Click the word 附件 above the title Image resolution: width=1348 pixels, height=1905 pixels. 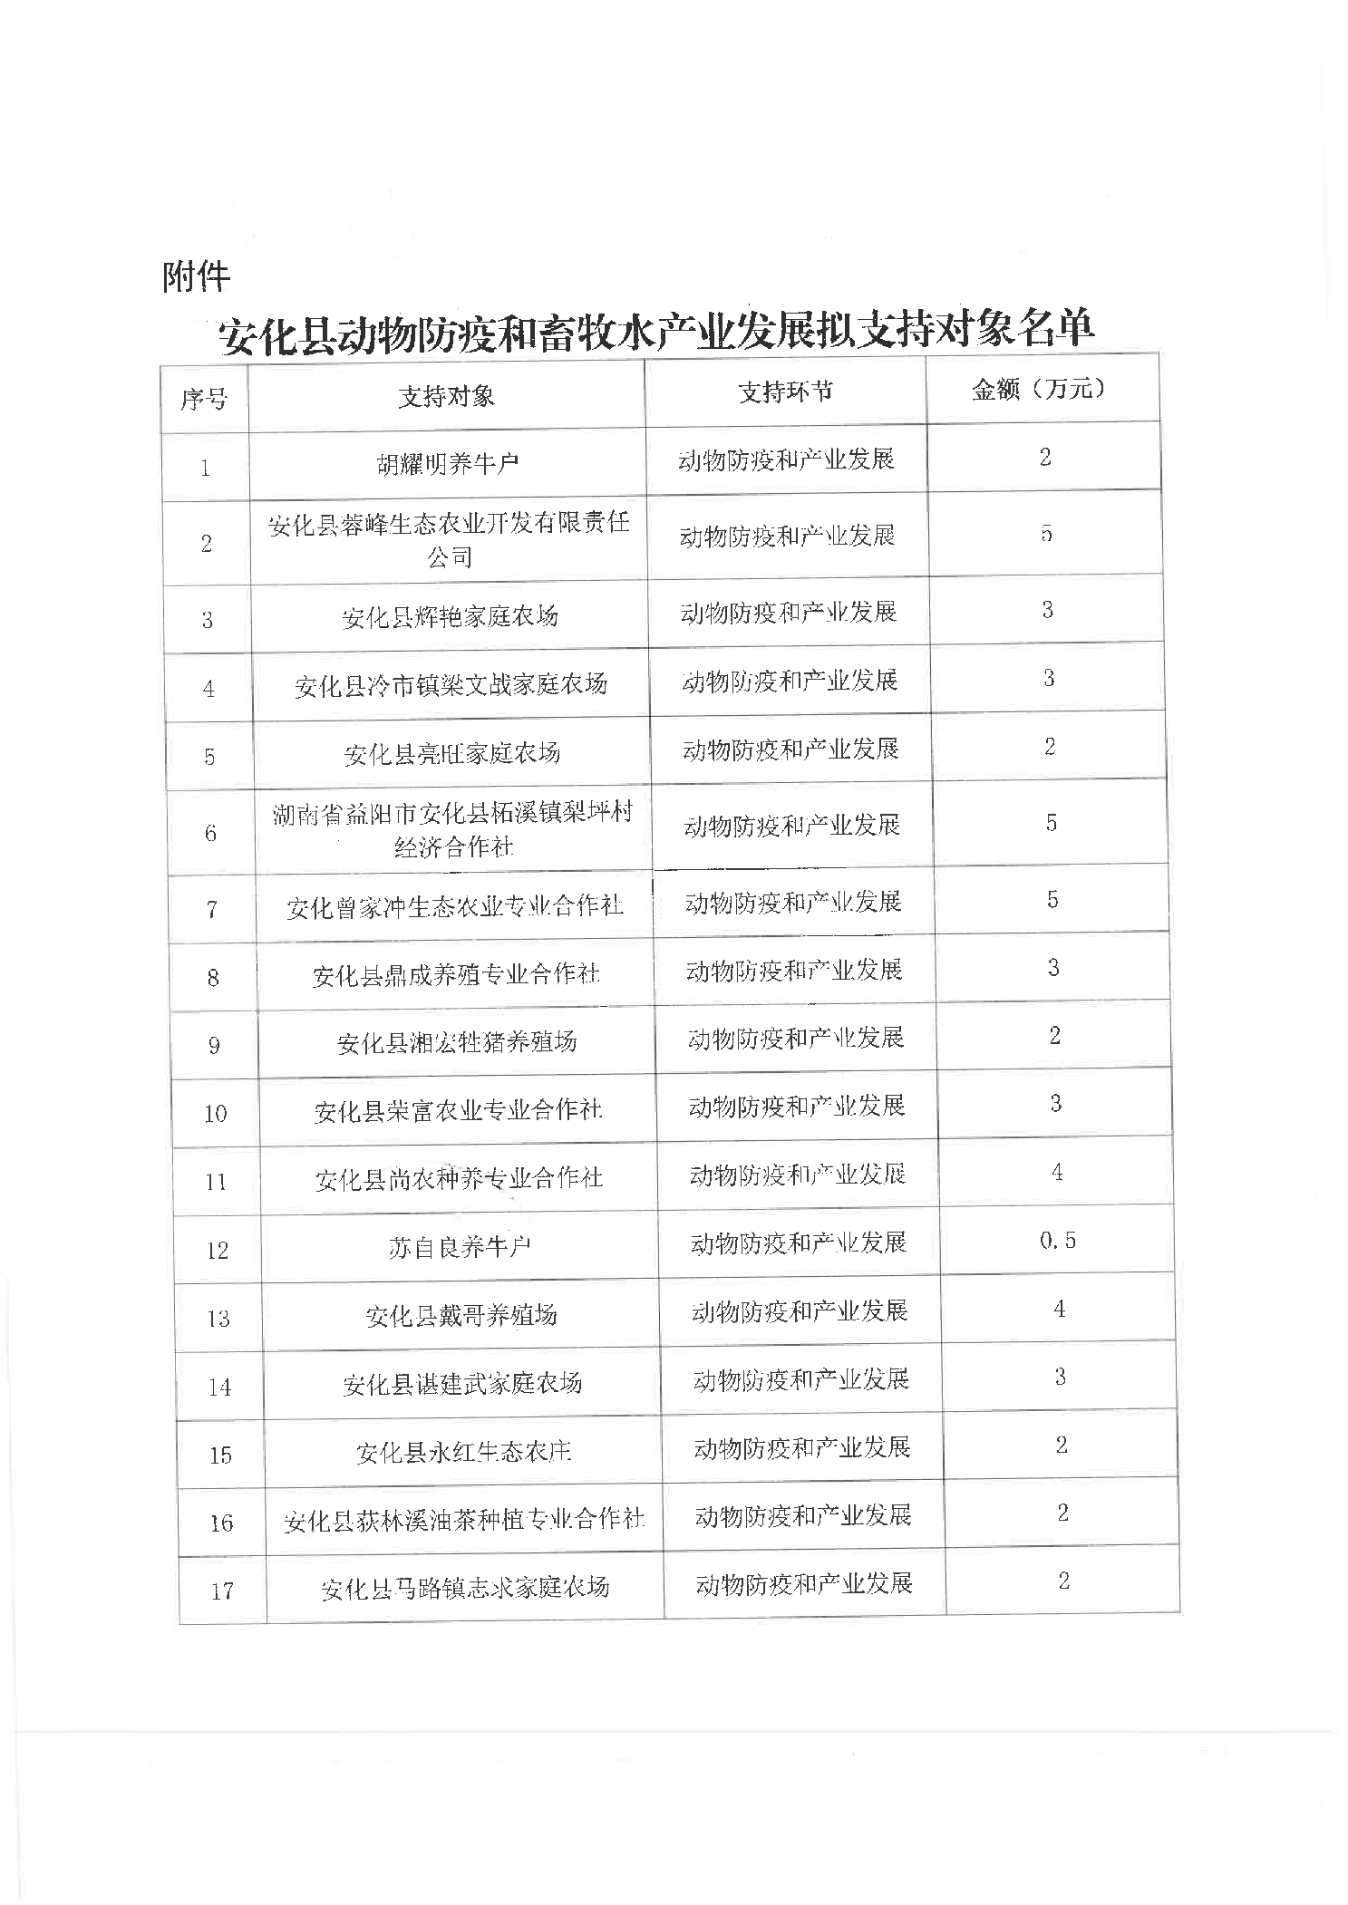pyautogui.click(x=196, y=276)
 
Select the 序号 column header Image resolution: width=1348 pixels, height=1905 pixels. pyautogui.click(x=204, y=399)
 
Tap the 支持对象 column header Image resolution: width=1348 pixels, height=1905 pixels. pyautogui.click(x=446, y=396)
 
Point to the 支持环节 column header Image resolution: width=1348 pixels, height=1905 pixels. pyautogui.click(x=785, y=392)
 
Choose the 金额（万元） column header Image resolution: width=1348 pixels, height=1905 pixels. pyautogui.click(x=1041, y=389)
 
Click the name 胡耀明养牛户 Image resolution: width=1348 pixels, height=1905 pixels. pyautogui.click(x=448, y=465)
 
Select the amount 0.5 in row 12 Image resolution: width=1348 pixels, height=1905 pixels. pyautogui.click(x=1058, y=1240)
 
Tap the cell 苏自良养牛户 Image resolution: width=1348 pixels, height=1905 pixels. pyautogui.click(x=460, y=1248)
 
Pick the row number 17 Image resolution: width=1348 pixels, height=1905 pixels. pyautogui.click(x=222, y=1591)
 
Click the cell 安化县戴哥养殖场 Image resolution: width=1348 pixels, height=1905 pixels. pyautogui.click(x=461, y=1316)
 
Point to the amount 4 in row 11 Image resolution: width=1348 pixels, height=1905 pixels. pyautogui.click(x=1057, y=1172)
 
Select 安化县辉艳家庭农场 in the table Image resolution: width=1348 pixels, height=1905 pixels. pyautogui.click(x=450, y=617)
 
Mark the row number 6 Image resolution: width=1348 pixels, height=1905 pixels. pyautogui.click(x=211, y=833)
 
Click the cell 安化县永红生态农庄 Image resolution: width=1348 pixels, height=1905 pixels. pyautogui.click(x=463, y=1453)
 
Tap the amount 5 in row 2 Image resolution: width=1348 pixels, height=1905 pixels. pyautogui.click(x=1046, y=533)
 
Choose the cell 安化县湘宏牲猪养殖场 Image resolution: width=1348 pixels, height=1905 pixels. pyautogui.click(x=457, y=1042)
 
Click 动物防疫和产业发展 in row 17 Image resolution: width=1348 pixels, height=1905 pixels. pyautogui.click(x=803, y=1583)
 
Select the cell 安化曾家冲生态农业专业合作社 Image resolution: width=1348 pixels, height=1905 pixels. pyautogui.click(x=455, y=906)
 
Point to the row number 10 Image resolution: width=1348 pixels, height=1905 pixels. pyautogui.click(x=216, y=1113)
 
